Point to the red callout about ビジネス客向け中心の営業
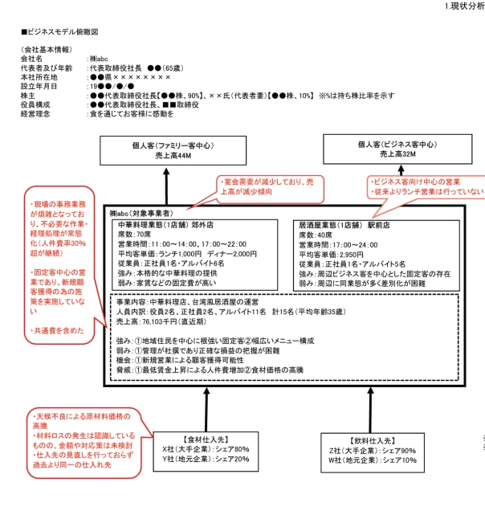point(427,186)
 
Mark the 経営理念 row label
point(37,114)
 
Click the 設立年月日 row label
point(39,86)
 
